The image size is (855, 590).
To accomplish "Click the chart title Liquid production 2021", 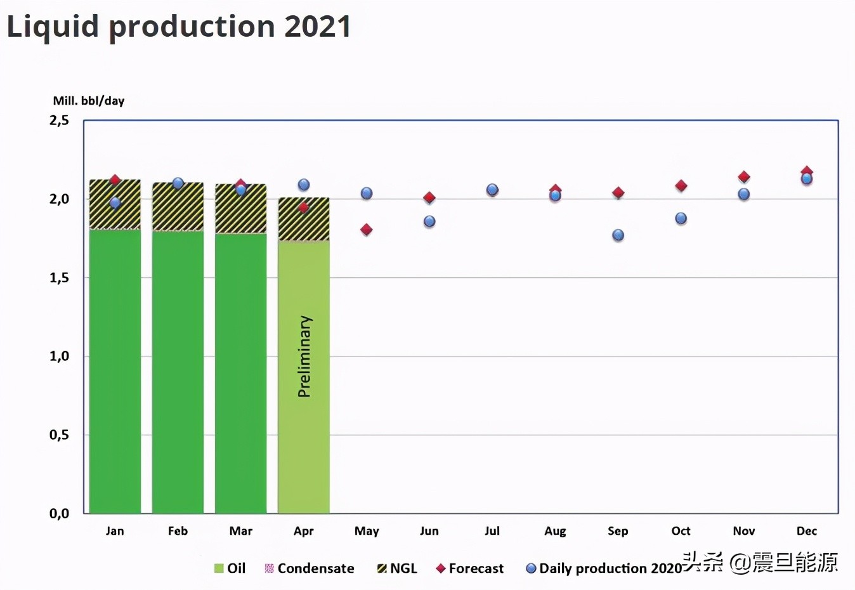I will pos(178,27).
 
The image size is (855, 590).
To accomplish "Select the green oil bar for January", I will pos(115,371).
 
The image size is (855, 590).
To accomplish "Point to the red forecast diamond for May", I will pos(366,230).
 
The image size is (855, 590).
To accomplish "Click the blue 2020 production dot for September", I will pos(618,235).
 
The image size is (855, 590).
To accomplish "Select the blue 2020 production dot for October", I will pos(681,218).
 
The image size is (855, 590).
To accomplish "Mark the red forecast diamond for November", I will pos(744,177).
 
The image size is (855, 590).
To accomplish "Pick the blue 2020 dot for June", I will pos(429,221).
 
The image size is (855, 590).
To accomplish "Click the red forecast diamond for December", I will pos(807,171).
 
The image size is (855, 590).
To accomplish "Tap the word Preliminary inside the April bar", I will pos(304,357).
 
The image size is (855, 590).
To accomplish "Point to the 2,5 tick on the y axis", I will pos(60,120).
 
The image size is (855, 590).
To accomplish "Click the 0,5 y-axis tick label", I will pos(60,435).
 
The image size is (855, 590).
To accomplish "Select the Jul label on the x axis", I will pos(492,531).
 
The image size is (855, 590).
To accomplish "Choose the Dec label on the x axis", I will pos(807,531).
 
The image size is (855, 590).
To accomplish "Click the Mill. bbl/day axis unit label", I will pos(89,101).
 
